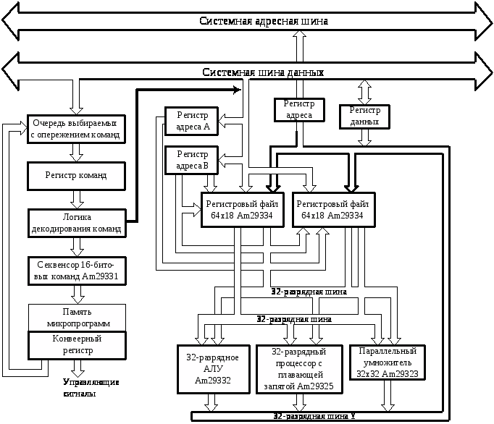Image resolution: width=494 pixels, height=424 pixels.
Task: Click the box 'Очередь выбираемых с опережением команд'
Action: pos(75,128)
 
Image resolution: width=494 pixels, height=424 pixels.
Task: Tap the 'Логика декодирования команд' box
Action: pos(76,223)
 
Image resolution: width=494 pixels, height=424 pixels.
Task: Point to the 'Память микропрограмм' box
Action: pos(77,317)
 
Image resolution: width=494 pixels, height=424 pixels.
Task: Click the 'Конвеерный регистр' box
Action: pos(77,344)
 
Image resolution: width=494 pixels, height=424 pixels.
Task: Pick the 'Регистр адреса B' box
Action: pos(193,160)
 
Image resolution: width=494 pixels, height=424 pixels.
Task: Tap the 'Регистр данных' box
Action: pos(364,116)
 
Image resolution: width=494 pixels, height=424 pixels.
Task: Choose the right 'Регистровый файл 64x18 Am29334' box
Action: pos(334,210)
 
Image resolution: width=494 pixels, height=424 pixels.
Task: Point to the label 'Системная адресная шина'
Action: pos(264,21)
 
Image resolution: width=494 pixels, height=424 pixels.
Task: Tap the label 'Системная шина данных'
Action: pos(262,72)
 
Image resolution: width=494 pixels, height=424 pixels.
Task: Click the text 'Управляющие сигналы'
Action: pos(91,388)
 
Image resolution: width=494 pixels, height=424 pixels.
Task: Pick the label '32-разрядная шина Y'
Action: pos(313,416)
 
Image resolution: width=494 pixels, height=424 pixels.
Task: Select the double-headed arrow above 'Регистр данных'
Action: pos(365,91)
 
